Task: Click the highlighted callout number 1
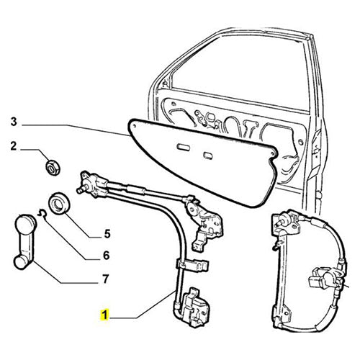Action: click(105, 315)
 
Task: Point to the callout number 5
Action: click(107, 233)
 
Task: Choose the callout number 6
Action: click(106, 256)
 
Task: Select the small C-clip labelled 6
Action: click(42, 212)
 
